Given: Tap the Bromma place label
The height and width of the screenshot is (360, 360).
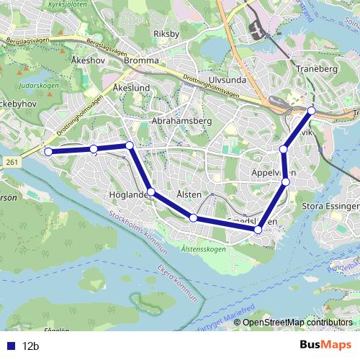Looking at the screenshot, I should coord(141,61).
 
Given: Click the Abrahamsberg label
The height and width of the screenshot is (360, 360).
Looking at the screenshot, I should coord(181,121).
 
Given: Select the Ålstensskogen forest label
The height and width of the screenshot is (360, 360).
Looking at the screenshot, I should coord(204,249).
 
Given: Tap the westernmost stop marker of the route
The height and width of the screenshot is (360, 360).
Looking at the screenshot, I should coord(48,152).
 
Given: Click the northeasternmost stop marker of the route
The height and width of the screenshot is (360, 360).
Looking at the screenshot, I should coord(312,110).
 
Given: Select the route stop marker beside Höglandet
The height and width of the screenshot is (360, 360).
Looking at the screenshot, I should coord(150,192).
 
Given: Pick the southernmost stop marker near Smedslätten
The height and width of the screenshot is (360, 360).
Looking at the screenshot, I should coord(258,230).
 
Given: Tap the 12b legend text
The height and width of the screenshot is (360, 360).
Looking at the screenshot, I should coord(30,346).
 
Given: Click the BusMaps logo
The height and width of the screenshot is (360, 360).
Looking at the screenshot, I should coord(325,345).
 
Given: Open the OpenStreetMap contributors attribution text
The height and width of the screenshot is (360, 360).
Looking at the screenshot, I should coord(297,323).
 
